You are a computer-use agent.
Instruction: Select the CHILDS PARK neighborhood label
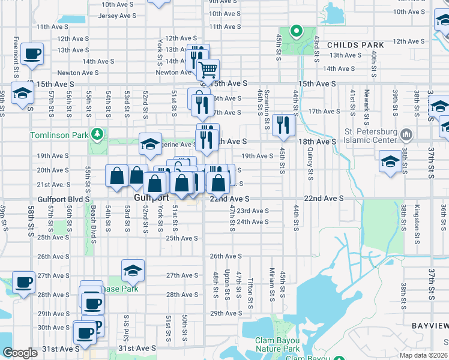pos(355,45)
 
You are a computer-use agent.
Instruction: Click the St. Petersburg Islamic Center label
pos(369,137)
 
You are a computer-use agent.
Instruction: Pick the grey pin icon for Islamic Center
pos(406,133)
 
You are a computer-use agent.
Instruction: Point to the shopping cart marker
pos(208,70)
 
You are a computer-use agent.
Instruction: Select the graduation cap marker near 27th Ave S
pos(133,271)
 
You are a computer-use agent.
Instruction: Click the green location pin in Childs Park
pos(295,31)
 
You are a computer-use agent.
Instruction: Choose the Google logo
pos(20,353)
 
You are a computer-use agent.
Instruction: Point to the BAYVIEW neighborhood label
pos(430,325)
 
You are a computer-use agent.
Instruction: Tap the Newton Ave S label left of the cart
pos(174,73)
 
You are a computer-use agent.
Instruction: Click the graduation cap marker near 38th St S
pos(390,161)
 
